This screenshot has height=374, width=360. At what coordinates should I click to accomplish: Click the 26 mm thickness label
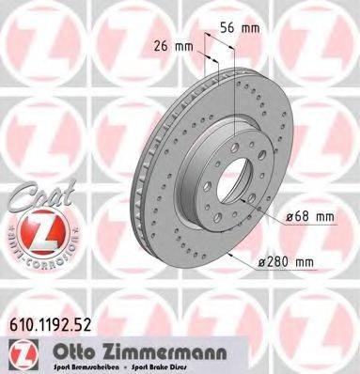click(173, 45)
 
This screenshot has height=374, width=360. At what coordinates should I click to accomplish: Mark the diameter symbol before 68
click(287, 217)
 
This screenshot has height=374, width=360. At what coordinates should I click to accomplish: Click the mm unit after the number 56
click(252, 28)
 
